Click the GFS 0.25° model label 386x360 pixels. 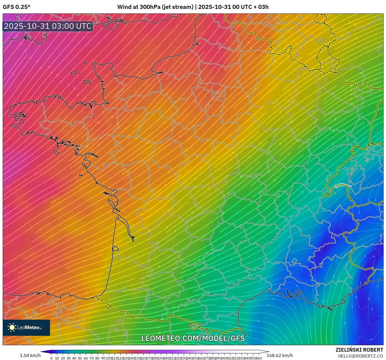[x=16, y=7]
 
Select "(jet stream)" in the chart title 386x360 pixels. [x=178, y=7]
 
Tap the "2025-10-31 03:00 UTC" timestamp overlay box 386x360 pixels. [x=48, y=26]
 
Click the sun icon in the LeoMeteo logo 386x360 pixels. [x=12, y=327]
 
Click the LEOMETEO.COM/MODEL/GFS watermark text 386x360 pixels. [x=193, y=338]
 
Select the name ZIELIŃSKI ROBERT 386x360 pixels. [x=359, y=350]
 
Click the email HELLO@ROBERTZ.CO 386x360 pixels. [x=360, y=356]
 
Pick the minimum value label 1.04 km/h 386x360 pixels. [x=30, y=355]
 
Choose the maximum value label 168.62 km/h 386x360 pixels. [x=279, y=355]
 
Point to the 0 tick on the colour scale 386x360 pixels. [x=51, y=358]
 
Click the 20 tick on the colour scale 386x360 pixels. [x=63, y=358]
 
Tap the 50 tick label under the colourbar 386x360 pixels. [x=80, y=358]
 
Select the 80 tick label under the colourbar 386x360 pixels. [x=97, y=358]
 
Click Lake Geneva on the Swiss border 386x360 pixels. [x=343, y=185]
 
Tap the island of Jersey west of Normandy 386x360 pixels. [x=87, y=81]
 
